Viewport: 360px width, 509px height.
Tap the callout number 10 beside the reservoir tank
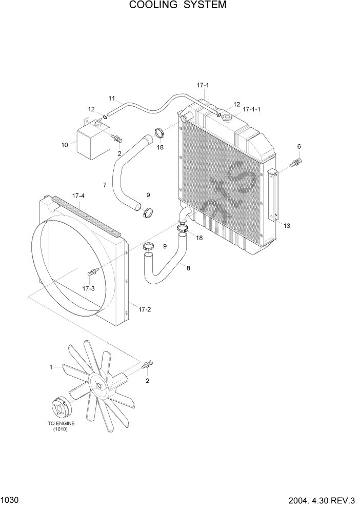click(65, 145)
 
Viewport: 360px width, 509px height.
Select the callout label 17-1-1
click(252, 109)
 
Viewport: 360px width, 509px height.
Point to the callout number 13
click(287, 226)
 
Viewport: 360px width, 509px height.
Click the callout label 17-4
click(78, 195)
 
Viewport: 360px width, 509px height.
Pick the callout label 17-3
click(88, 288)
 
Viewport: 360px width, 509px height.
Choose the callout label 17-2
click(145, 308)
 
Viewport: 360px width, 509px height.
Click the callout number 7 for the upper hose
click(104, 185)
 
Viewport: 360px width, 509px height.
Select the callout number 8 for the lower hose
click(188, 267)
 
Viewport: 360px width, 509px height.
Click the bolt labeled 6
click(296, 164)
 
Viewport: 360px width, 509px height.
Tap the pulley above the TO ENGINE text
click(63, 408)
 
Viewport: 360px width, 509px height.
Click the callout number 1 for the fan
click(51, 367)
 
